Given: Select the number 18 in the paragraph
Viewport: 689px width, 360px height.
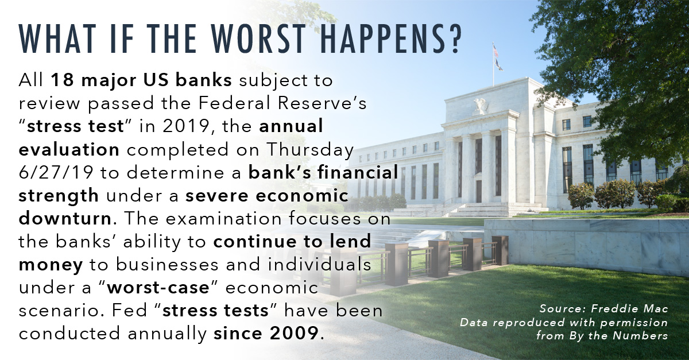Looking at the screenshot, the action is pyautogui.click(x=63, y=80).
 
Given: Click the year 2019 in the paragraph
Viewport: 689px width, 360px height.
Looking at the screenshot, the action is pyautogui.click(x=186, y=126).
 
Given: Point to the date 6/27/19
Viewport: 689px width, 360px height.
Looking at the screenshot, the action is pyautogui.click(x=56, y=173).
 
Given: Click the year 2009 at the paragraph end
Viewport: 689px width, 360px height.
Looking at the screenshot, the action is pyautogui.click(x=295, y=333).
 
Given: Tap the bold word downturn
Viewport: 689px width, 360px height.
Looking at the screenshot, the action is pyautogui.click(x=65, y=218).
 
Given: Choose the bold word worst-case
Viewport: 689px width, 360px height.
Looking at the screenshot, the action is pyautogui.click(x=158, y=288).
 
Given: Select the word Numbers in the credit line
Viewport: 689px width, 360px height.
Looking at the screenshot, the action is pyautogui.click(x=640, y=336).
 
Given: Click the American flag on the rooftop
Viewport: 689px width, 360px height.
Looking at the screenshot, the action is pyautogui.click(x=496, y=51).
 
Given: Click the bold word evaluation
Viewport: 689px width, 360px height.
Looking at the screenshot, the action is pyautogui.click(x=69, y=149).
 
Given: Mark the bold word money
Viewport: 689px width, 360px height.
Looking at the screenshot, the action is pyautogui.click(x=51, y=265).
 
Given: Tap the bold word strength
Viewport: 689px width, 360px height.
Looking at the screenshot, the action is pyautogui.click(x=59, y=196).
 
